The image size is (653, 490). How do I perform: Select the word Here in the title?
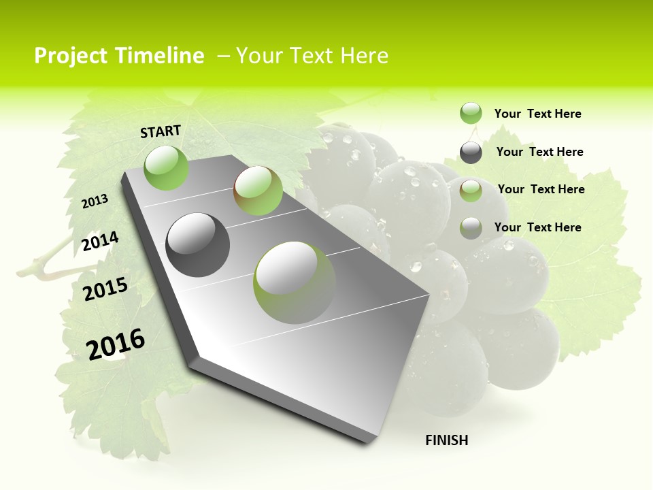[363, 56]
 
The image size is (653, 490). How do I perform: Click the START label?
[161, 131]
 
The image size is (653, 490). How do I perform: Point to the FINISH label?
[447, 440]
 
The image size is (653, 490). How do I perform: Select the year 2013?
[95, 201]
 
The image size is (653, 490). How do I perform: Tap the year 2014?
[100, 241]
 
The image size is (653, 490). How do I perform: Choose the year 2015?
[105, 289]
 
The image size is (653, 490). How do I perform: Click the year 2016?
[116, 344]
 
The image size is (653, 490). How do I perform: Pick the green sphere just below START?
[167, 167]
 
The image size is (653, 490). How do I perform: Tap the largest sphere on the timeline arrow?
[295, 282]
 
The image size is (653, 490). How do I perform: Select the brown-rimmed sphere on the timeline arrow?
[258, 191]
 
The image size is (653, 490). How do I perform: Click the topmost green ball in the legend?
[471, 114]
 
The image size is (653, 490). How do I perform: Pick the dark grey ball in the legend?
[471, 152]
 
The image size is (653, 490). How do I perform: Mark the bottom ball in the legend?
[471, 228]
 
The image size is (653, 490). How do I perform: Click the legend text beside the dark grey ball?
[539, 152]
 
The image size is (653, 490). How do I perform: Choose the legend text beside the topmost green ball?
[537, 114]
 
